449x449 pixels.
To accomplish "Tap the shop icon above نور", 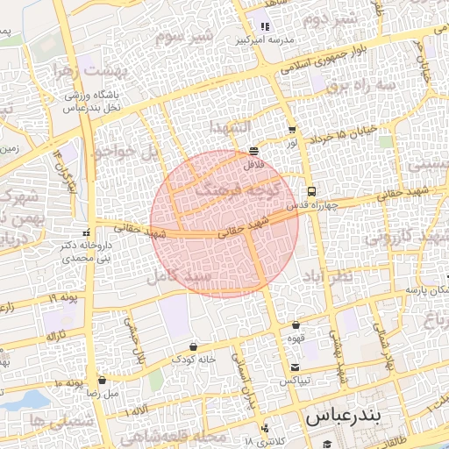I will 291,129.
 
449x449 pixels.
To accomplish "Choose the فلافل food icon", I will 253,150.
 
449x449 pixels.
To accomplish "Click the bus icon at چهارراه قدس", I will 310,191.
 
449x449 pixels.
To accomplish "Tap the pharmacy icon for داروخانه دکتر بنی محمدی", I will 85,232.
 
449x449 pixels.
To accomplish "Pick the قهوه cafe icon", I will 296,325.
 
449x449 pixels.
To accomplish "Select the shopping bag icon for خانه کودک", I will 192,346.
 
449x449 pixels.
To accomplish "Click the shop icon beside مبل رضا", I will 103,381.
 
